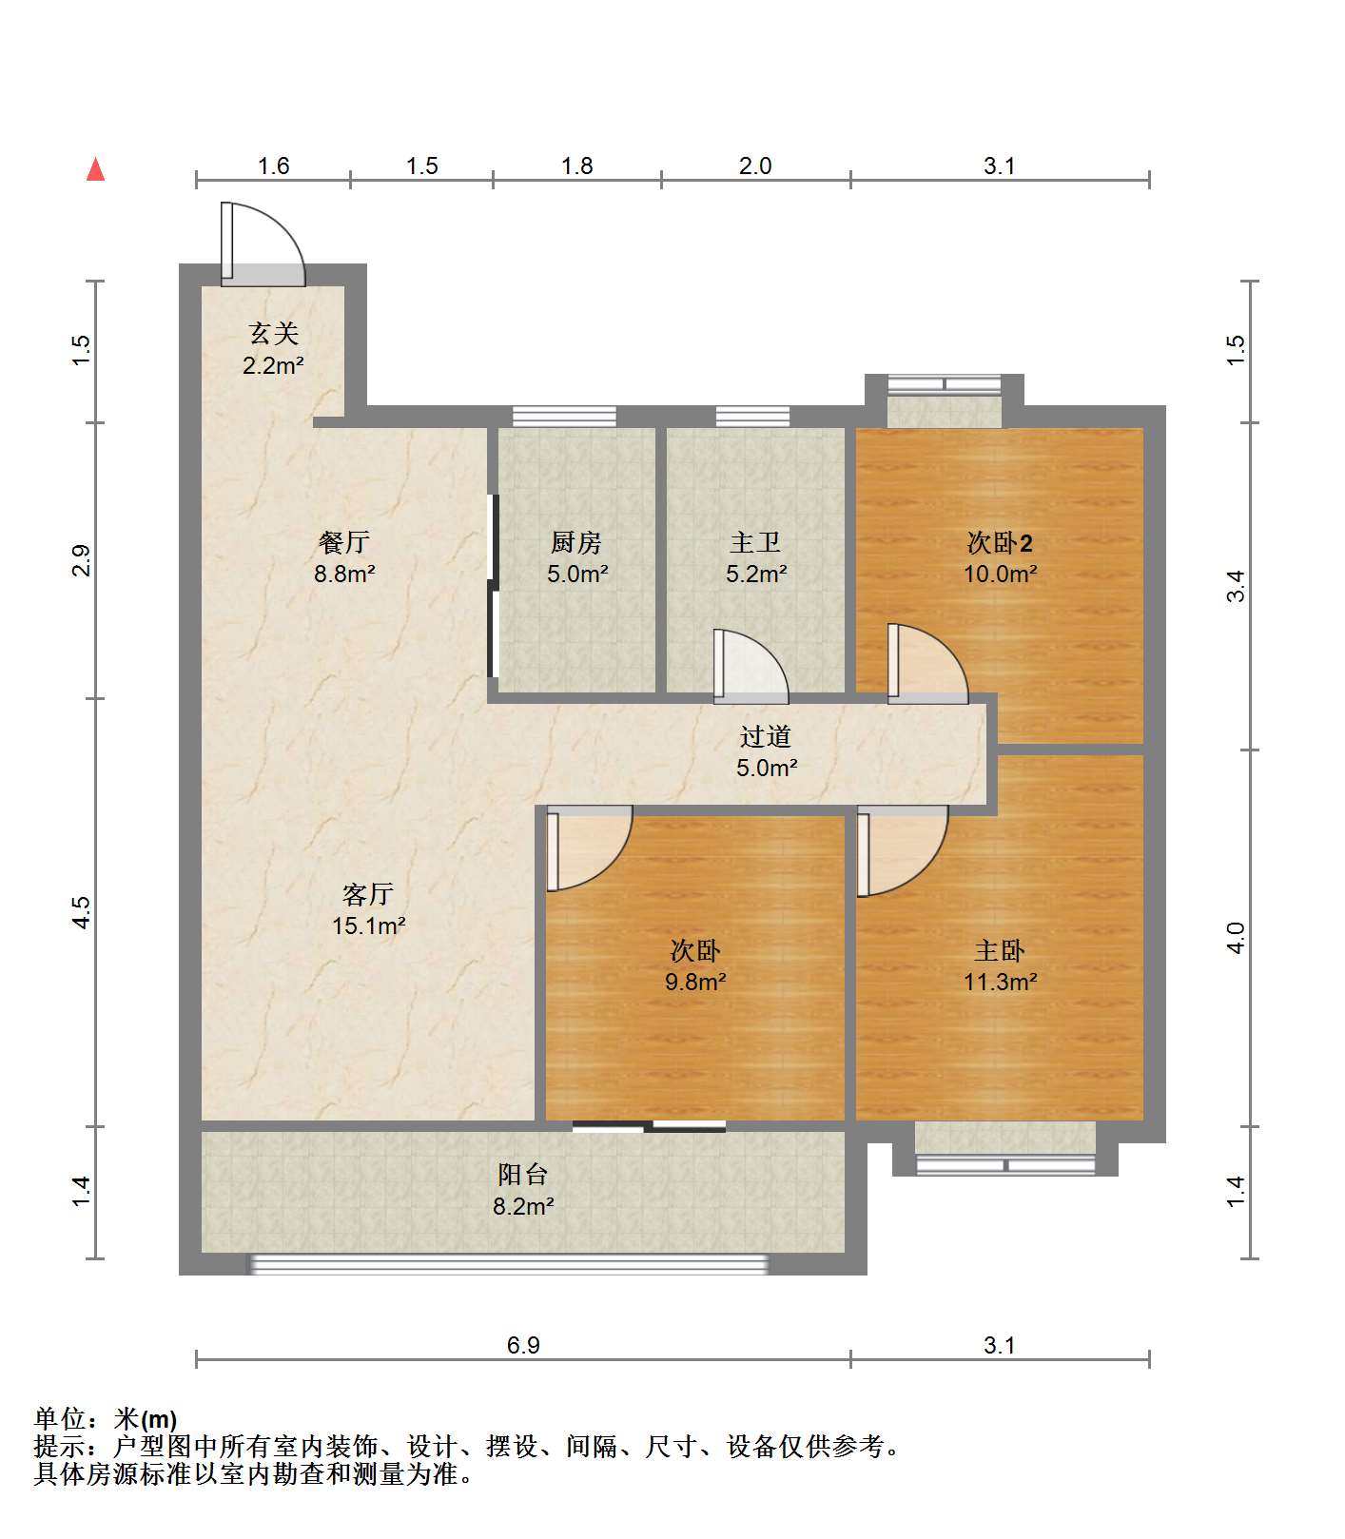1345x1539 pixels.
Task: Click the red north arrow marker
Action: tap(95, 169)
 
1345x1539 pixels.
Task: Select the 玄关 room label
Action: tap(274, 334)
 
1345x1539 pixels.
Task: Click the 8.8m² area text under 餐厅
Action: tap(344, 575)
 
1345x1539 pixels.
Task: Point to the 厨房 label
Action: tap(575, 543)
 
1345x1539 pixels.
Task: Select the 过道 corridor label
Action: tap(766, 737)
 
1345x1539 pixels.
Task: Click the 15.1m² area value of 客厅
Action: tap(369, 925)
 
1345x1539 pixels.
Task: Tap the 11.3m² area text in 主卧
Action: tap(1000, 983)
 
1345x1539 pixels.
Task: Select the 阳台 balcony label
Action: tap(523, 1175)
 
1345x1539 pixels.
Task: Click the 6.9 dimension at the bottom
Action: tap(523, 1345)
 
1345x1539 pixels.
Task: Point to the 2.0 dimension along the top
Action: tap(755, 166)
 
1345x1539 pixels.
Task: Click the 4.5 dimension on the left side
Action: tap(82, 912)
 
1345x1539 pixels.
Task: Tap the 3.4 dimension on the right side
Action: tap(1235, 586)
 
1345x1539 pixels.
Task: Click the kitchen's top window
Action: tap(564, 416)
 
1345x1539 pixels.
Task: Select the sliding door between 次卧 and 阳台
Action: tap(650, 1127)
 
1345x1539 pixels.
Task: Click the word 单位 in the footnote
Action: tap(60, 1419)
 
